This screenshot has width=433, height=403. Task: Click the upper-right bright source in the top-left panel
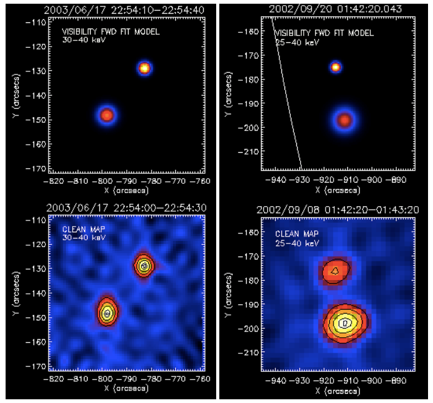click(x=144, y=68)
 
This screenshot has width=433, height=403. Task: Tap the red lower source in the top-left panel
click(x=107, y=115)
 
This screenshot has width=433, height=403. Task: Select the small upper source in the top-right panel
click(x=336, y=66)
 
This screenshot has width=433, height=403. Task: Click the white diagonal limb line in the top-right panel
click(x=287, y=93)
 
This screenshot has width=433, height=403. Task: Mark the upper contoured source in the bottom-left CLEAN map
click(x=144, y=265)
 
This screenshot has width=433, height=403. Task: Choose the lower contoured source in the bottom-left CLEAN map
click(x=107, y=313)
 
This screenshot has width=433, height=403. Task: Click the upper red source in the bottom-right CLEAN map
click(x=335, y=270)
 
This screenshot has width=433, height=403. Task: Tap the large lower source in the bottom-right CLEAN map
click(x=345, y=322)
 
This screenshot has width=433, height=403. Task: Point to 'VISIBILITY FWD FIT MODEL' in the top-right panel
click(x=324, y=33)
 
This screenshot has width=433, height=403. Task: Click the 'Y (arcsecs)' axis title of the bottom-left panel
click(x=14, y=292)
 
